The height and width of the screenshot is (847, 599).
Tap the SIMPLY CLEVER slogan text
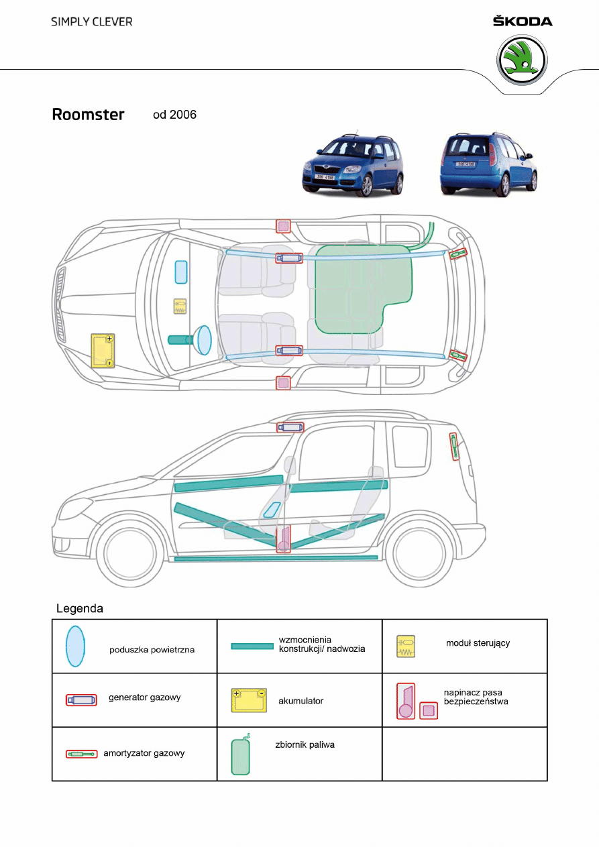(92, 21)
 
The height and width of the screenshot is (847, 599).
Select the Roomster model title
(88, 115)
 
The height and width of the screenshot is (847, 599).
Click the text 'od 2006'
(174, 115)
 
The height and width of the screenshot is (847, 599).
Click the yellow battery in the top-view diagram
(103, 351)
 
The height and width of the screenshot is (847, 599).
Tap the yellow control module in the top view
(180, 306)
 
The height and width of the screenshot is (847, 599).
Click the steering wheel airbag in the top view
(204, 339)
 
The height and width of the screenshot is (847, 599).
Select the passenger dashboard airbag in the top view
(180, 272)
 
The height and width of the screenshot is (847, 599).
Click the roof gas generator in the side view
(290, 427)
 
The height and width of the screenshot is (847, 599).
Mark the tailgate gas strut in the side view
(454, 446)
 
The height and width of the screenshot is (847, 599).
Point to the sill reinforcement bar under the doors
(276, 557)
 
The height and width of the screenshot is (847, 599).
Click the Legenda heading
(80, 609)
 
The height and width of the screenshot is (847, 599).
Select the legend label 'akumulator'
(301, 701)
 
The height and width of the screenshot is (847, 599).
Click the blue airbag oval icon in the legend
(75, 646)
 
